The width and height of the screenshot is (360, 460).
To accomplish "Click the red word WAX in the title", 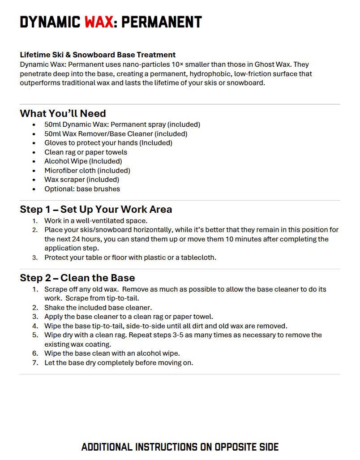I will [x=99, y=21].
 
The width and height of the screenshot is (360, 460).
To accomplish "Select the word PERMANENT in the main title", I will [x=162, y=21].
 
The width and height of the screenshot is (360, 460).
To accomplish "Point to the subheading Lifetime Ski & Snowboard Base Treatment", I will [x=98, y=55].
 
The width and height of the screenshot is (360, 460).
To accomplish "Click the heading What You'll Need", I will [x=63, y=113].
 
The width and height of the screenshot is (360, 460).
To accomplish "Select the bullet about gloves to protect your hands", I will [x=108, y=143].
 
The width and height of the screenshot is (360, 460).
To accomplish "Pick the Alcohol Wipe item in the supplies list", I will [x=83, y=161].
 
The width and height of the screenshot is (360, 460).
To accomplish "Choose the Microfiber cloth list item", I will [x=87, y=170].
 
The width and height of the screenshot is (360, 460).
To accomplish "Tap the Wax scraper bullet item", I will [x=81, y=180].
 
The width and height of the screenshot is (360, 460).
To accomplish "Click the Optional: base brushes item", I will [x=82, y=189].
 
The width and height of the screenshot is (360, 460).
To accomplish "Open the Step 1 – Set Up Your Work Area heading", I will [x=96, y=210].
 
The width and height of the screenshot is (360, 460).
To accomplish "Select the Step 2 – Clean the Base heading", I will [x=77, y=278].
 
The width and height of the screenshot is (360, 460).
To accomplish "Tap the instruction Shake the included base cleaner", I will [x=98, y=307].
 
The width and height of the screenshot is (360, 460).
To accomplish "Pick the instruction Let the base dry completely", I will [x=119, y=362].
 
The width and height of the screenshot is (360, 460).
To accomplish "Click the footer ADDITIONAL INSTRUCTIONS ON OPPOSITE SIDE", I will [x=180, y=447].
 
